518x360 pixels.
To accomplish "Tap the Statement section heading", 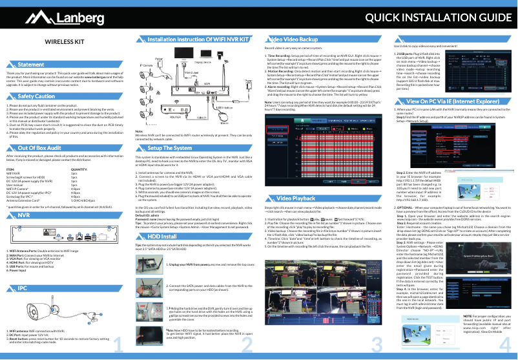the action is click(x=31, y=66).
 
